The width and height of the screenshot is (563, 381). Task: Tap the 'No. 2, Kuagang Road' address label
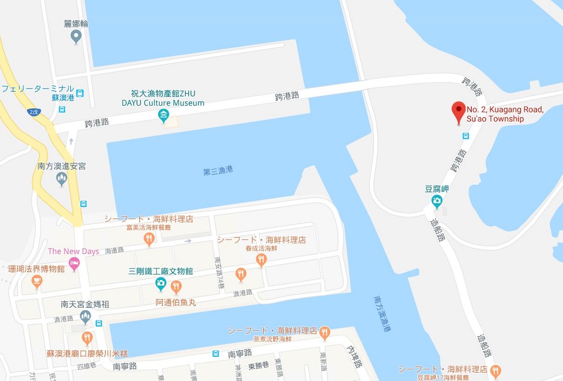pos(504,114)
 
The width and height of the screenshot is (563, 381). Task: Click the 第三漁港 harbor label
pos(218,170)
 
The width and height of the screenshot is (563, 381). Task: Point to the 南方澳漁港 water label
pos(382,314)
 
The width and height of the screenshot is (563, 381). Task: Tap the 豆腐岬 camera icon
pos(436,200)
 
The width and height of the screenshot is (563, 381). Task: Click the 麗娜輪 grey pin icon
pos(76,36)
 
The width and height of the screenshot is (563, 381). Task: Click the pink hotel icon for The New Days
pos(74,264)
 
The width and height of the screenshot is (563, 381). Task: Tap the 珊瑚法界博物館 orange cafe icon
pos(36,282)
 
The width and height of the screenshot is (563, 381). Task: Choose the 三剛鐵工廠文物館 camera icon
pos(161,284)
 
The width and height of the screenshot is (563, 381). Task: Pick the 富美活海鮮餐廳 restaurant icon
pos(149,239)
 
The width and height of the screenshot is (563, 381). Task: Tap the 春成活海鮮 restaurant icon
pos(241,273)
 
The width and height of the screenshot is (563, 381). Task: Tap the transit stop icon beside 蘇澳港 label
pos(80,94)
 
